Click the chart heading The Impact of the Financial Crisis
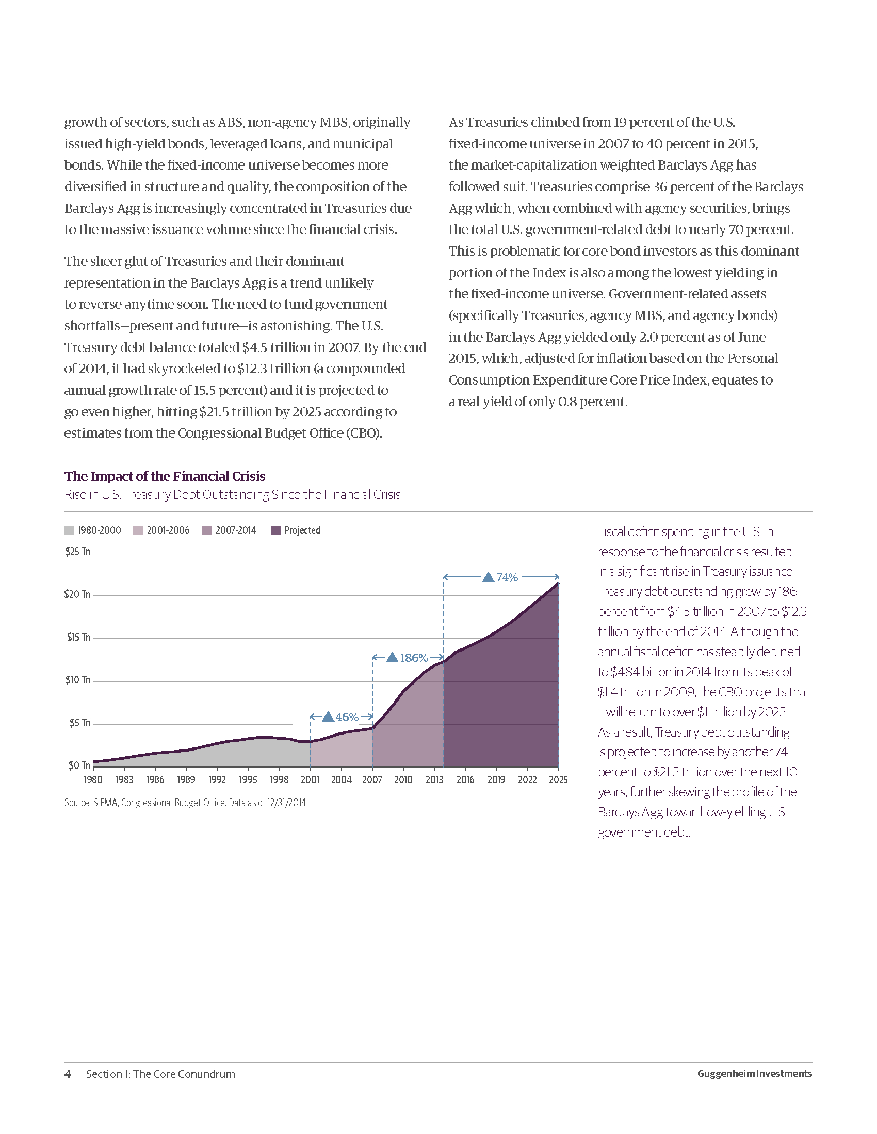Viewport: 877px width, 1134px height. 165,476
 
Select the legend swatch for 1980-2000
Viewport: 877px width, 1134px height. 69,530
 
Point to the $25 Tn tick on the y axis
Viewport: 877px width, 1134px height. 77,552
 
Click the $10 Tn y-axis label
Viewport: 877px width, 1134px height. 77,680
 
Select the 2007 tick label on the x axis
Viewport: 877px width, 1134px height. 372,780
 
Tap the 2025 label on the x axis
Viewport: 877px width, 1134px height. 558,780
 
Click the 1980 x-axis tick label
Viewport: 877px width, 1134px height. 93,780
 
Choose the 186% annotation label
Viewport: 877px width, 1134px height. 414,658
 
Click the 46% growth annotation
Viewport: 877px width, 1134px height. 347,717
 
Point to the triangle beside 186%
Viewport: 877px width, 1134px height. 392,657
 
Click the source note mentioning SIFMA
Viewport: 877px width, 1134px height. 186,803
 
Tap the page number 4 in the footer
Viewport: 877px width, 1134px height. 68,1074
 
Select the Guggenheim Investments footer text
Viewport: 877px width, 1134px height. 754,1074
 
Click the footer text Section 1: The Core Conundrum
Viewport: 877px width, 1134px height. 160,1074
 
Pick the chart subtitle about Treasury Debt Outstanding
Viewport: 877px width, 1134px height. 232,494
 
